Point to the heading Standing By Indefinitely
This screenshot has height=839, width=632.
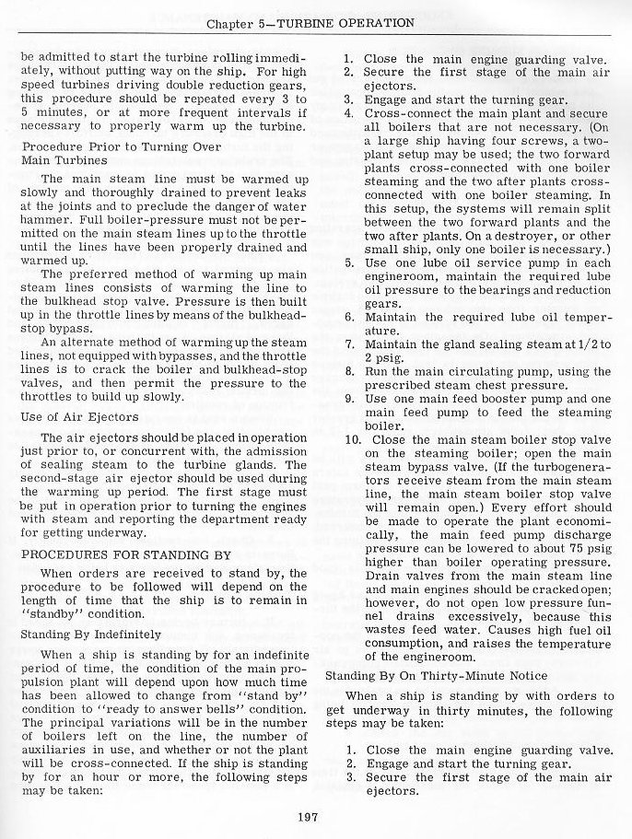pyautogui.click(x=90, y=635)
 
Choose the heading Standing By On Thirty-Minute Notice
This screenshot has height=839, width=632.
pyautogui.click(x=450, y=676)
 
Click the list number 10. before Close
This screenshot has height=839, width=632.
pyautogui.click(x=352, y=439)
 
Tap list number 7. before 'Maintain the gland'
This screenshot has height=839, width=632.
pyautogui.click(x=350, y=344)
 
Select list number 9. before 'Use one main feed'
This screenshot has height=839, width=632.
pyautogui.click(x=350, y=399)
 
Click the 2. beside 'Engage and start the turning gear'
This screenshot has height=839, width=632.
pyautogui.click(x=350, y=763)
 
